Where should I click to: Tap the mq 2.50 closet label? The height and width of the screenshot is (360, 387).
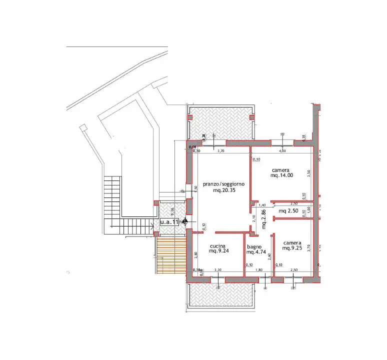coord(288,211)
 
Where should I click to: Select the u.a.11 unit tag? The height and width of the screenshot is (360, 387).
coord(169,221)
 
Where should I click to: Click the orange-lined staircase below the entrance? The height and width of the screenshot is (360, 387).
coord(170,254)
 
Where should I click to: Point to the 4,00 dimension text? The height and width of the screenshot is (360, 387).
coord(282,150)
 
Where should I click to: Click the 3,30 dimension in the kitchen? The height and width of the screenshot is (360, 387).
coord(218,270)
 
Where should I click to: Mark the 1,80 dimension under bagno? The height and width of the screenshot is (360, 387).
coord(258,270)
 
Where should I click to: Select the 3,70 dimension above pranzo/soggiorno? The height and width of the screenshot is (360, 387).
coord(221,150)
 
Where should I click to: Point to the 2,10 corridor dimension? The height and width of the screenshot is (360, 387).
coord(254,218)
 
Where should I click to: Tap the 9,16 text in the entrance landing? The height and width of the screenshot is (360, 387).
coord(171,211)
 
